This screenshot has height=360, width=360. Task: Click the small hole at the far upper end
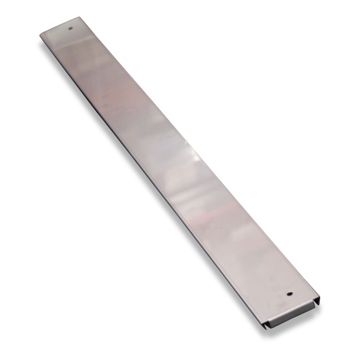[x=71, y=29]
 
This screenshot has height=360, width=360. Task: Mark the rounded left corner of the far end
[x=42, y=35]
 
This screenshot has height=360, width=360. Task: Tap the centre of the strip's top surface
[x=177, y=170]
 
